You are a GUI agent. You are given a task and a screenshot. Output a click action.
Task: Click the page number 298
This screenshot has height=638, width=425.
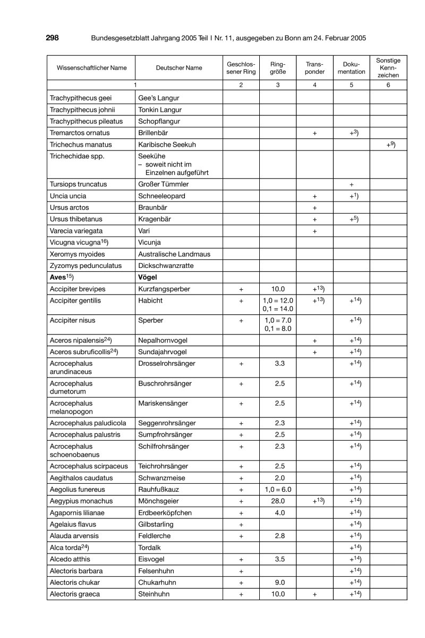tap(52, 38)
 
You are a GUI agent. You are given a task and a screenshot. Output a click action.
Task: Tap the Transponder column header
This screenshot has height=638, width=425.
tap(314, 68)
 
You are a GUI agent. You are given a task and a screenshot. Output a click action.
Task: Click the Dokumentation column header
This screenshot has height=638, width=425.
tap(351, 68)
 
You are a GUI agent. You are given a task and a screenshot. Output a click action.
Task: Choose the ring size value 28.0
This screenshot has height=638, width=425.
tap(278, 501)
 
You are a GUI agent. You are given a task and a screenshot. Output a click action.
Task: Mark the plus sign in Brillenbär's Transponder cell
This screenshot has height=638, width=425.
tap(314, 133)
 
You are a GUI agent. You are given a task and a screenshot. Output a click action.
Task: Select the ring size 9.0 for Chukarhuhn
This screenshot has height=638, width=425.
tap(278, 583)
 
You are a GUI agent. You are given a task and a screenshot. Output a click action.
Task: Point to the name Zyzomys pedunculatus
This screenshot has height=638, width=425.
tap(85, 265)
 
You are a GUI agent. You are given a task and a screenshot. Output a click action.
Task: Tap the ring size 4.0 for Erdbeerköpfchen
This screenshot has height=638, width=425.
tap(278, 513)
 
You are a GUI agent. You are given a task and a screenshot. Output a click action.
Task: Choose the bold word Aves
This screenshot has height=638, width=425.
tap(57, 277)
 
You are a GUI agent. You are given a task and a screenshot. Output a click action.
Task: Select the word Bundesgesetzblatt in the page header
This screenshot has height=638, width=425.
tap(122, 38)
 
